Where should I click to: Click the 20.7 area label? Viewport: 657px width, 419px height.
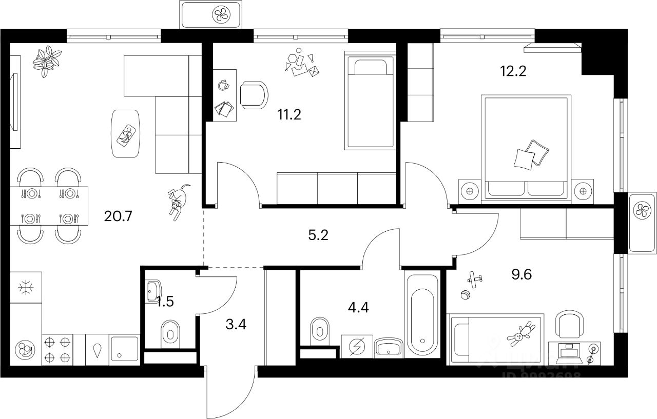[118, 216]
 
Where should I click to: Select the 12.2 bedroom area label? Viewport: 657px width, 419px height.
[513, 71]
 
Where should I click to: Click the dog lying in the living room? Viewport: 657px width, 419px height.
[177, 202]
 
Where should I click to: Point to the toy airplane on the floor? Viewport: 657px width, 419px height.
[475, 278]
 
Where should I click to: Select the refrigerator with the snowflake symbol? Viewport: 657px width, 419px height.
[25, 288]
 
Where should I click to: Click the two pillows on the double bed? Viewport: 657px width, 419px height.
[531, 154]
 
